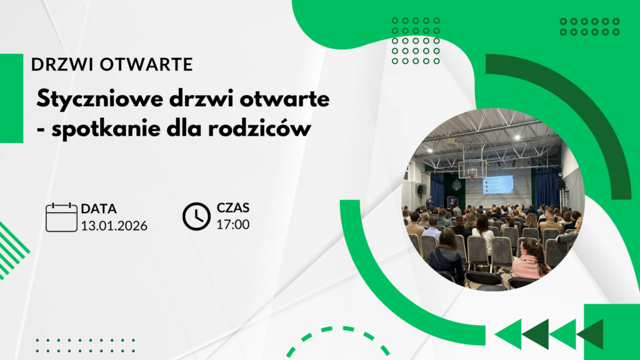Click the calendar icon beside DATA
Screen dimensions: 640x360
(x=61, y=217)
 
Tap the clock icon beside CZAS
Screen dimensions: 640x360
(x=196, y=216)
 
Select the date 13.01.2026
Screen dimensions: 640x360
(x=114, y=226)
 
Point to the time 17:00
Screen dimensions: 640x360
(x=232, y=224)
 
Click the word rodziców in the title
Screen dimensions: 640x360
(x=259, y=129)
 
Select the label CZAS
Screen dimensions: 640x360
(x=232, y=207)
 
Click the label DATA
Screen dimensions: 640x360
(x=99, y=209)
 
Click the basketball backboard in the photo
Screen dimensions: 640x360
(x=472, y=169)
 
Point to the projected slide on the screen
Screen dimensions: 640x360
(x=498, y=185)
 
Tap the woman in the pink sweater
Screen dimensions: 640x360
(x=531, y=259)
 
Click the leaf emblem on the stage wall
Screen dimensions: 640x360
(x=456, y=186)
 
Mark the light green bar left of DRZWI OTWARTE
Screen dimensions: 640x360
(x=11, y=98)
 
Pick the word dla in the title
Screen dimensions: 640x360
(x=184, y=129)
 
